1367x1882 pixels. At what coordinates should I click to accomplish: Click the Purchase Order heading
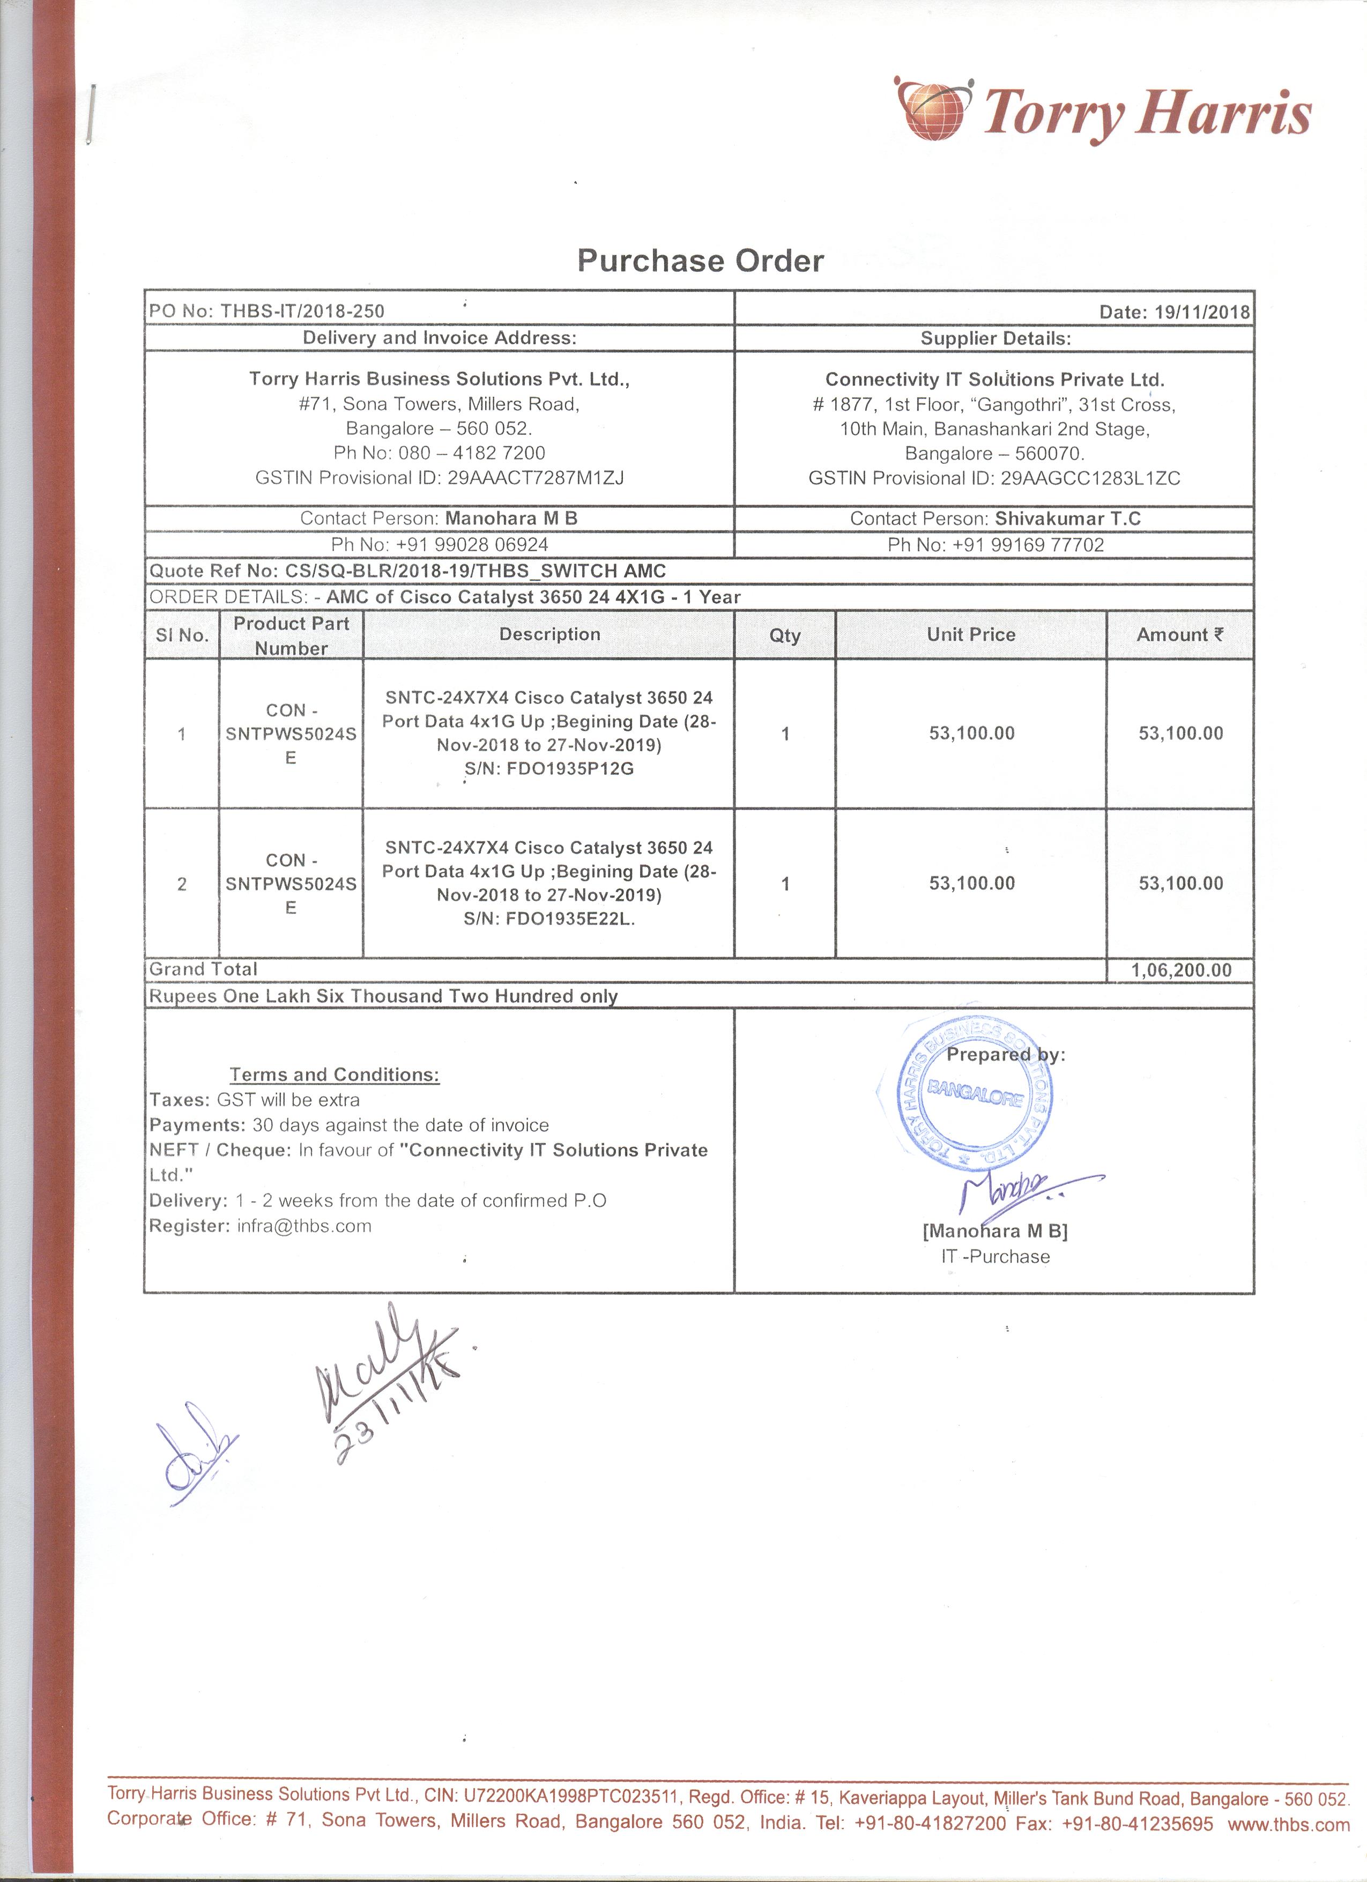[700, 261]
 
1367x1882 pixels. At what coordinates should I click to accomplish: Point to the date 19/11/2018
[1202, 312]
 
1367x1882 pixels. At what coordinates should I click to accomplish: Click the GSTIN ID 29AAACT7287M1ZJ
[535, 478]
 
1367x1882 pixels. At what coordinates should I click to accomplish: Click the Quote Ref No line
[407, 571]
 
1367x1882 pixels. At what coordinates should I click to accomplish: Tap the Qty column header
[785, 635]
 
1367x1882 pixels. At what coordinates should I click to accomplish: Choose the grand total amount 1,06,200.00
[1180, 970]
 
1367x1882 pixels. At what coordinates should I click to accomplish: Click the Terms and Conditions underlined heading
[335, 1075]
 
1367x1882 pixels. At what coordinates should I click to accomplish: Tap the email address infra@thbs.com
[303, 1226]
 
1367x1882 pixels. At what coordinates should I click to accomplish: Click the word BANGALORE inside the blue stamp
[976, 1093]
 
